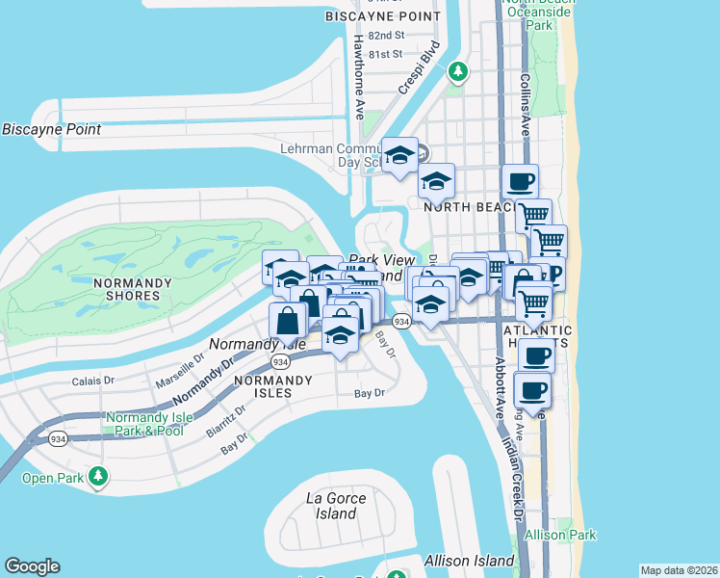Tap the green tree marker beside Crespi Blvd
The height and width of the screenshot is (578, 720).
(459, 70)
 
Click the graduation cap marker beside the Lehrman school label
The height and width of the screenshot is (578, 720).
(399, 156)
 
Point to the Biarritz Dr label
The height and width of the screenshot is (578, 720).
(226, 421)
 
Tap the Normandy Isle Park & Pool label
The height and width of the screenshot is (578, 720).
(144, 424)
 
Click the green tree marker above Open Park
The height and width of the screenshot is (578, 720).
(97, 475)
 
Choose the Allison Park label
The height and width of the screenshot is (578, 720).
(561, 535)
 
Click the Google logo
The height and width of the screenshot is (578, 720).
(32, 566)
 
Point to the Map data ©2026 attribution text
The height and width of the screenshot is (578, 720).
(679, 570)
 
